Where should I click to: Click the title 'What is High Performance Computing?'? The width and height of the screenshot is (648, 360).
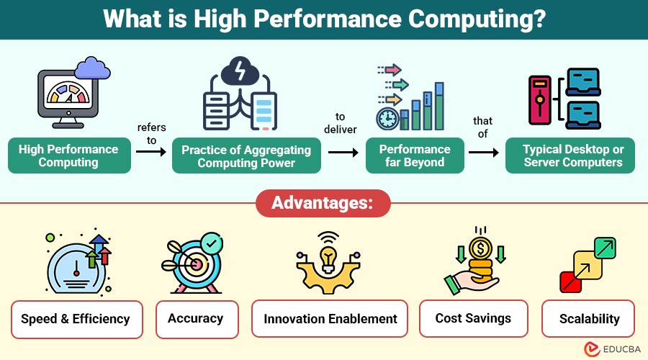tap(324, 19)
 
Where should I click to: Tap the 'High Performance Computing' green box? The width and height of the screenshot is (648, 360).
tap(68, 156)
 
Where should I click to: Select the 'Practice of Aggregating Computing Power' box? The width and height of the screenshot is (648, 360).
tap(246, 156)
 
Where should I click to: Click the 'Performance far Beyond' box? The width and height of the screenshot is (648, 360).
tap(415, 156)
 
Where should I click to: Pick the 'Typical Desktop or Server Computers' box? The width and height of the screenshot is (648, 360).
tap(574, 156)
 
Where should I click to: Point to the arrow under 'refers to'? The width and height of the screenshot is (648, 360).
tap(151, 153)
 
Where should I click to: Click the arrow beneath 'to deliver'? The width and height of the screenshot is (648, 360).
tap(343, 153)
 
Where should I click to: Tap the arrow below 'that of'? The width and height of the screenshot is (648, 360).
tap(483, 153)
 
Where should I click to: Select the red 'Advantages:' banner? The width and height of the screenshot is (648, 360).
tap(323, 204)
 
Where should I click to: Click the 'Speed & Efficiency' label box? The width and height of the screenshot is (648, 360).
tap(76, 319)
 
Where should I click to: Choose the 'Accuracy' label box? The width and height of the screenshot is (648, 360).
tap(195, 319)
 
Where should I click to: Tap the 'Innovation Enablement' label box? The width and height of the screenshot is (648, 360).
tap(330, 319)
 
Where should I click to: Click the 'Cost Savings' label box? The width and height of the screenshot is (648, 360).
tap(473, 319)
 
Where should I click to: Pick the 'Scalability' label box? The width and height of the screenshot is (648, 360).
tap(590, 319)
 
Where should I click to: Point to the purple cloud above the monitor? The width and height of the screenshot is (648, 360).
tap(94, 68)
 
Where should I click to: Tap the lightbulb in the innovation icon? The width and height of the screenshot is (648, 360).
tap(328, 258)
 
